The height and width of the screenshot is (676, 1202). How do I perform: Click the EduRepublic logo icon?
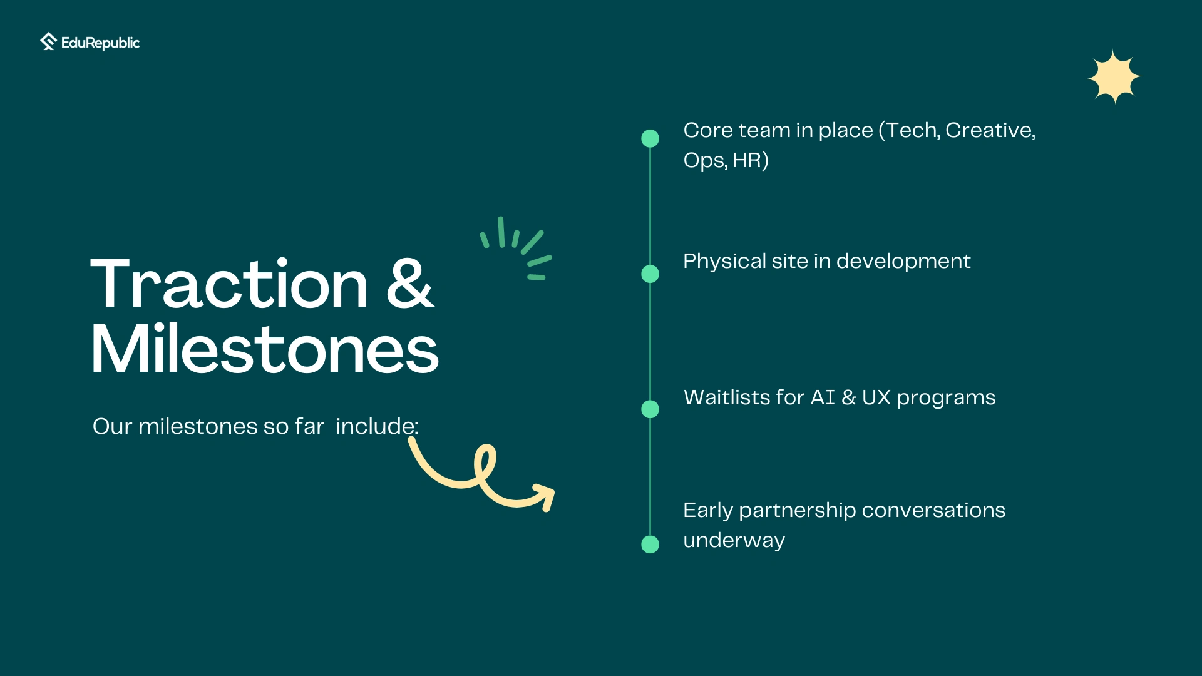pos(48,41)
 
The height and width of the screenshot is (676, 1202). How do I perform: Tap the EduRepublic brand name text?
pos(100,43)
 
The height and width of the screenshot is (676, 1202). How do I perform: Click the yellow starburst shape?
pos(1114,77)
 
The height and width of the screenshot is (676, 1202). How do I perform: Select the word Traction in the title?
pos(230,285)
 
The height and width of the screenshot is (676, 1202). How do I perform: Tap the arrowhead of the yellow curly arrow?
pos(543,496)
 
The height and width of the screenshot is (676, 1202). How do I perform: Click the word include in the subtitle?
pos(375,426)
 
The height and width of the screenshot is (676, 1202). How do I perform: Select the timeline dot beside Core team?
pos(650,138)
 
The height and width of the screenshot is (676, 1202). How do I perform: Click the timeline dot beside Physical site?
pos(650,274)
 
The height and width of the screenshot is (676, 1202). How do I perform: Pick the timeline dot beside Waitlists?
pos(650,409)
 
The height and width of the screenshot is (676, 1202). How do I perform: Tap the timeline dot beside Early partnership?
pos(650,545)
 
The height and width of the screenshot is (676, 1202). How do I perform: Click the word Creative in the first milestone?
pos(989,130)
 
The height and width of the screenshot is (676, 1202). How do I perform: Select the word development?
pos(903,261)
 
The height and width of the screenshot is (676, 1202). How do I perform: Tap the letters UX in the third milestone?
pos(876,397)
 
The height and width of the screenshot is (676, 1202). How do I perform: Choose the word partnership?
pos(797,511)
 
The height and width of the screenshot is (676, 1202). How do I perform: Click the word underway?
pos(734,541)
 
